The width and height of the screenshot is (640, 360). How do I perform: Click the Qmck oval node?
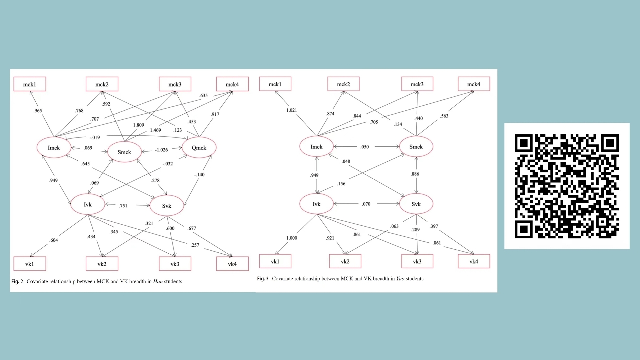coord(199,147)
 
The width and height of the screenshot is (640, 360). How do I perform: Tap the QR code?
coord(567,186)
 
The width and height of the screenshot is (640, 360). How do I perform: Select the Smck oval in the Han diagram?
coord(124,152)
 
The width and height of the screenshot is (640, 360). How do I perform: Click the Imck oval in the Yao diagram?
coord(316,147)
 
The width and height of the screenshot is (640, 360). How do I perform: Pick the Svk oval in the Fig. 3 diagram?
coord(416,204)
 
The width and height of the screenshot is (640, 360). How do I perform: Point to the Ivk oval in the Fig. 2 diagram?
coord(88,204)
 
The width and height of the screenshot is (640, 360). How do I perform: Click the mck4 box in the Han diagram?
coord(232,84)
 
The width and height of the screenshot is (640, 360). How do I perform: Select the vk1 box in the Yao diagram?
coord(275,261)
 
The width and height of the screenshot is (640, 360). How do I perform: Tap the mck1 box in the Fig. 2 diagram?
coord(29,84)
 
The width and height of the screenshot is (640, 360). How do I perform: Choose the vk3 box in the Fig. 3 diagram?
coord(417,261)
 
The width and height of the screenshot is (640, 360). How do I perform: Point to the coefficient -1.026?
coord(161,150)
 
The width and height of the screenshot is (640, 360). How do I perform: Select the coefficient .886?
coord(414,174)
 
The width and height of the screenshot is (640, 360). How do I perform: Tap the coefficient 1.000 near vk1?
coord(292,238)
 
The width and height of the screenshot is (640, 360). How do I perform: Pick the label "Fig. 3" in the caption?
coord(263,278)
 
